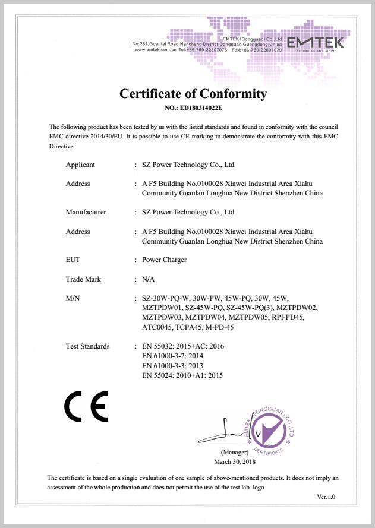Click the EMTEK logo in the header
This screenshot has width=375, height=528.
[315, 43]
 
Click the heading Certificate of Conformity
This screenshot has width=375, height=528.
[193, 94]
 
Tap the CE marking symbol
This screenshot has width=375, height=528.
[86, 407]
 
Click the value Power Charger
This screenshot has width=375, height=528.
[165, 260]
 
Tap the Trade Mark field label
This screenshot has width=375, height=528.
[83, 279]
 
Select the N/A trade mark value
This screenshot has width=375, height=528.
[149, 279]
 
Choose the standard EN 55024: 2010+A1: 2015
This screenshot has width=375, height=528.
[183, 375]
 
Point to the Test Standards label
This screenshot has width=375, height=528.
[87, 346]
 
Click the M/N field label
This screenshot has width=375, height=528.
[73, 298]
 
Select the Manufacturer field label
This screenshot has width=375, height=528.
[86, 212]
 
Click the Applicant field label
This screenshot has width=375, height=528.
[80, 165]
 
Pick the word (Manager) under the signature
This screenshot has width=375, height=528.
[234, 453]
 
